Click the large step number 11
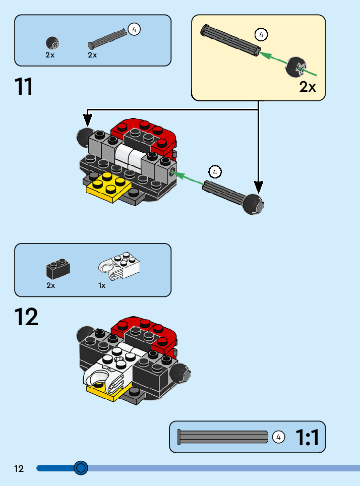[x=24, y=87]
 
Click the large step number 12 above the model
[x=26, y=317]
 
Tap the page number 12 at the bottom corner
[x=19, y=469]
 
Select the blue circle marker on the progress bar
[x=81, y=468]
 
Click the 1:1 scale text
[x=307, y=437]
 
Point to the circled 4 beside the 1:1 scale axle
[x=278, y=437]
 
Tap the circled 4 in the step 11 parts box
[x=134, y=29]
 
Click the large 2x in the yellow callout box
[x=308, y=87]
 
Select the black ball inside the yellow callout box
[x=296, y=68]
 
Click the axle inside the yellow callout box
[x=230, y=39]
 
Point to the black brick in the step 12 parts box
[x=57, y=269]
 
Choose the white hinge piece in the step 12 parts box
[x=118, y=266]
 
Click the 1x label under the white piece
[x=102, y=285]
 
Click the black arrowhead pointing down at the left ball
[x=88, y=120]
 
